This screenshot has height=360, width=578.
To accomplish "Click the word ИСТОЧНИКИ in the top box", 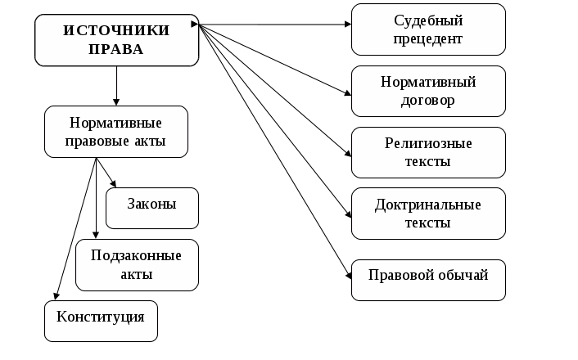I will click(116, 30).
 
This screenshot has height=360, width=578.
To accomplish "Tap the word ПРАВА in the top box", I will click(116, 49).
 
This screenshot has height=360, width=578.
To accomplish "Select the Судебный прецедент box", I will click(427, 29).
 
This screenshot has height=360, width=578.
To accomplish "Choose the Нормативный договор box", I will click(427, 91).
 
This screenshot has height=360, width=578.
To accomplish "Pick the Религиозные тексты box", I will click(427, 152).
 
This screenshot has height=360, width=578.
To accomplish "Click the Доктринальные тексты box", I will click(427, 213).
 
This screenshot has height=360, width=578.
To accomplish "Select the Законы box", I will click(152, 208).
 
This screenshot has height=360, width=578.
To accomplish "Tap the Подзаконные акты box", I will click(137, 264).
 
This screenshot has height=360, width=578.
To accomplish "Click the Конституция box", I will click(101, 321).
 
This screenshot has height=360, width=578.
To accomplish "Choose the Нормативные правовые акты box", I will click(116, 131).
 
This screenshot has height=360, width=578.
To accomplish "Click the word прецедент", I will click(428, 38).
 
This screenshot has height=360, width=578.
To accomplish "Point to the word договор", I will click(428, 101).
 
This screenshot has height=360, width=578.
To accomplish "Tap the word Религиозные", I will click(428, 143).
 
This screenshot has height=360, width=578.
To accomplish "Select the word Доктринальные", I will click(428, 204).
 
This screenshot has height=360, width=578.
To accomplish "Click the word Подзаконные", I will click(137, 254).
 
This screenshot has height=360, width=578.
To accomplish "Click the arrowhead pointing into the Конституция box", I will click(56, 296).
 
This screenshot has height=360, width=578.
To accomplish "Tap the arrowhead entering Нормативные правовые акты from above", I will click(116, 101).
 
